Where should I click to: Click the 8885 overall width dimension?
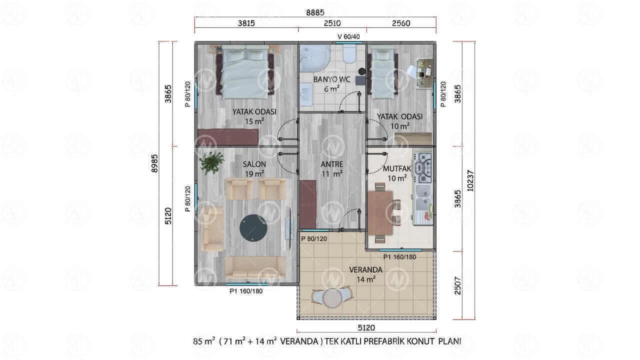tap(315, 12)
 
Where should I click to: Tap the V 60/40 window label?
tap(348, 36)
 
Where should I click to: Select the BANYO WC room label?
tap(331, 79)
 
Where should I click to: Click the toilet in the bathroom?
tap(348, 53)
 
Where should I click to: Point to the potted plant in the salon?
tap(211, 162)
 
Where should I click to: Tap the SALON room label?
tap(254, 164)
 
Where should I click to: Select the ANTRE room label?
tap(331, 164)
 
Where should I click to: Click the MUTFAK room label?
tap(397, 168)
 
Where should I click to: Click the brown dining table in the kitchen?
tap(380, 213)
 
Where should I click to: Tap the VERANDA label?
tap(365, 269)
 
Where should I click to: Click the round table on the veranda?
tap(332, 297)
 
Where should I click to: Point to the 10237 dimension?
tap(470, 181)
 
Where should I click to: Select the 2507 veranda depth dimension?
tap(457, 285)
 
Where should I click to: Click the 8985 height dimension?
tap(154, 163)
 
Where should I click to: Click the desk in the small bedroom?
tap(424, 73)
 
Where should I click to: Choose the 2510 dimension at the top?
tap(332, 23)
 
